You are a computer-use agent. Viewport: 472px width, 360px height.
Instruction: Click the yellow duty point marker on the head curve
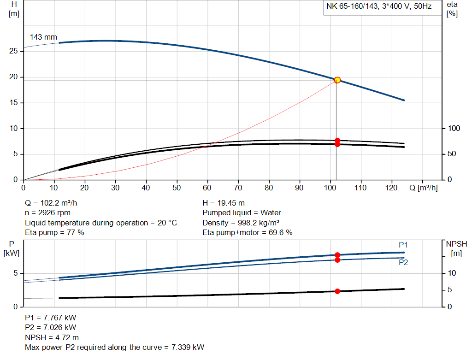click(337, 80)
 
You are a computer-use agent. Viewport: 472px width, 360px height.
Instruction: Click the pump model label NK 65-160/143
click(352, 6)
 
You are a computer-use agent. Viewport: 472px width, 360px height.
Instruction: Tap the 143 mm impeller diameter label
click(43, 37)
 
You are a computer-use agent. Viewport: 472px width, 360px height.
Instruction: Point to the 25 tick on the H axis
click(13, 51)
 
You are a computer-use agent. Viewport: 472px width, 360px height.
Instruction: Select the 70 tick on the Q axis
click(238, 188)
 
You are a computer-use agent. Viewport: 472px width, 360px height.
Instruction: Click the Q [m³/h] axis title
click(424, 188)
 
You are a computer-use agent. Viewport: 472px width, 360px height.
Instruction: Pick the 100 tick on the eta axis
click(454, 129)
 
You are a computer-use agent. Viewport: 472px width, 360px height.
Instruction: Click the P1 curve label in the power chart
click(403, 245)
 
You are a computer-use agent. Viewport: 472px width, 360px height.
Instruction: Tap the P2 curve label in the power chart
click(403, 262)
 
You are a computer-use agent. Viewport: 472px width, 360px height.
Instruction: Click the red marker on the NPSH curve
click(337, 291)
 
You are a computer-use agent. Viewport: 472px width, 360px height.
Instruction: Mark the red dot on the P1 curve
click(337, 255)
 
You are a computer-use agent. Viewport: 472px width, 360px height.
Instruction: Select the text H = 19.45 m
click(224, 203)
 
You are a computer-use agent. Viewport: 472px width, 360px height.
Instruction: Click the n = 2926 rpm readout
click(47, 213)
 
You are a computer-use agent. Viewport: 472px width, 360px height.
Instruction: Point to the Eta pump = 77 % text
click(54, 233)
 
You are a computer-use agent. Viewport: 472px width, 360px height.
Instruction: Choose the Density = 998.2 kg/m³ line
click(241, 223)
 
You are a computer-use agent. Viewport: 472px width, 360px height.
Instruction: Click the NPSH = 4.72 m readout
click(52, 338)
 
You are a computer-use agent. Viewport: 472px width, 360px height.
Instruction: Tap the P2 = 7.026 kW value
click(51, 327)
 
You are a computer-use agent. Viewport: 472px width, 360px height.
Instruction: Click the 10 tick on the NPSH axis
click(452, 273)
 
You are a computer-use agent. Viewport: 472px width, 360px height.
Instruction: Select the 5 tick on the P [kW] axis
click(16, 273)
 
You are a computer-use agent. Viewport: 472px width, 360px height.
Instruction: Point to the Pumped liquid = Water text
click(242, 213)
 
